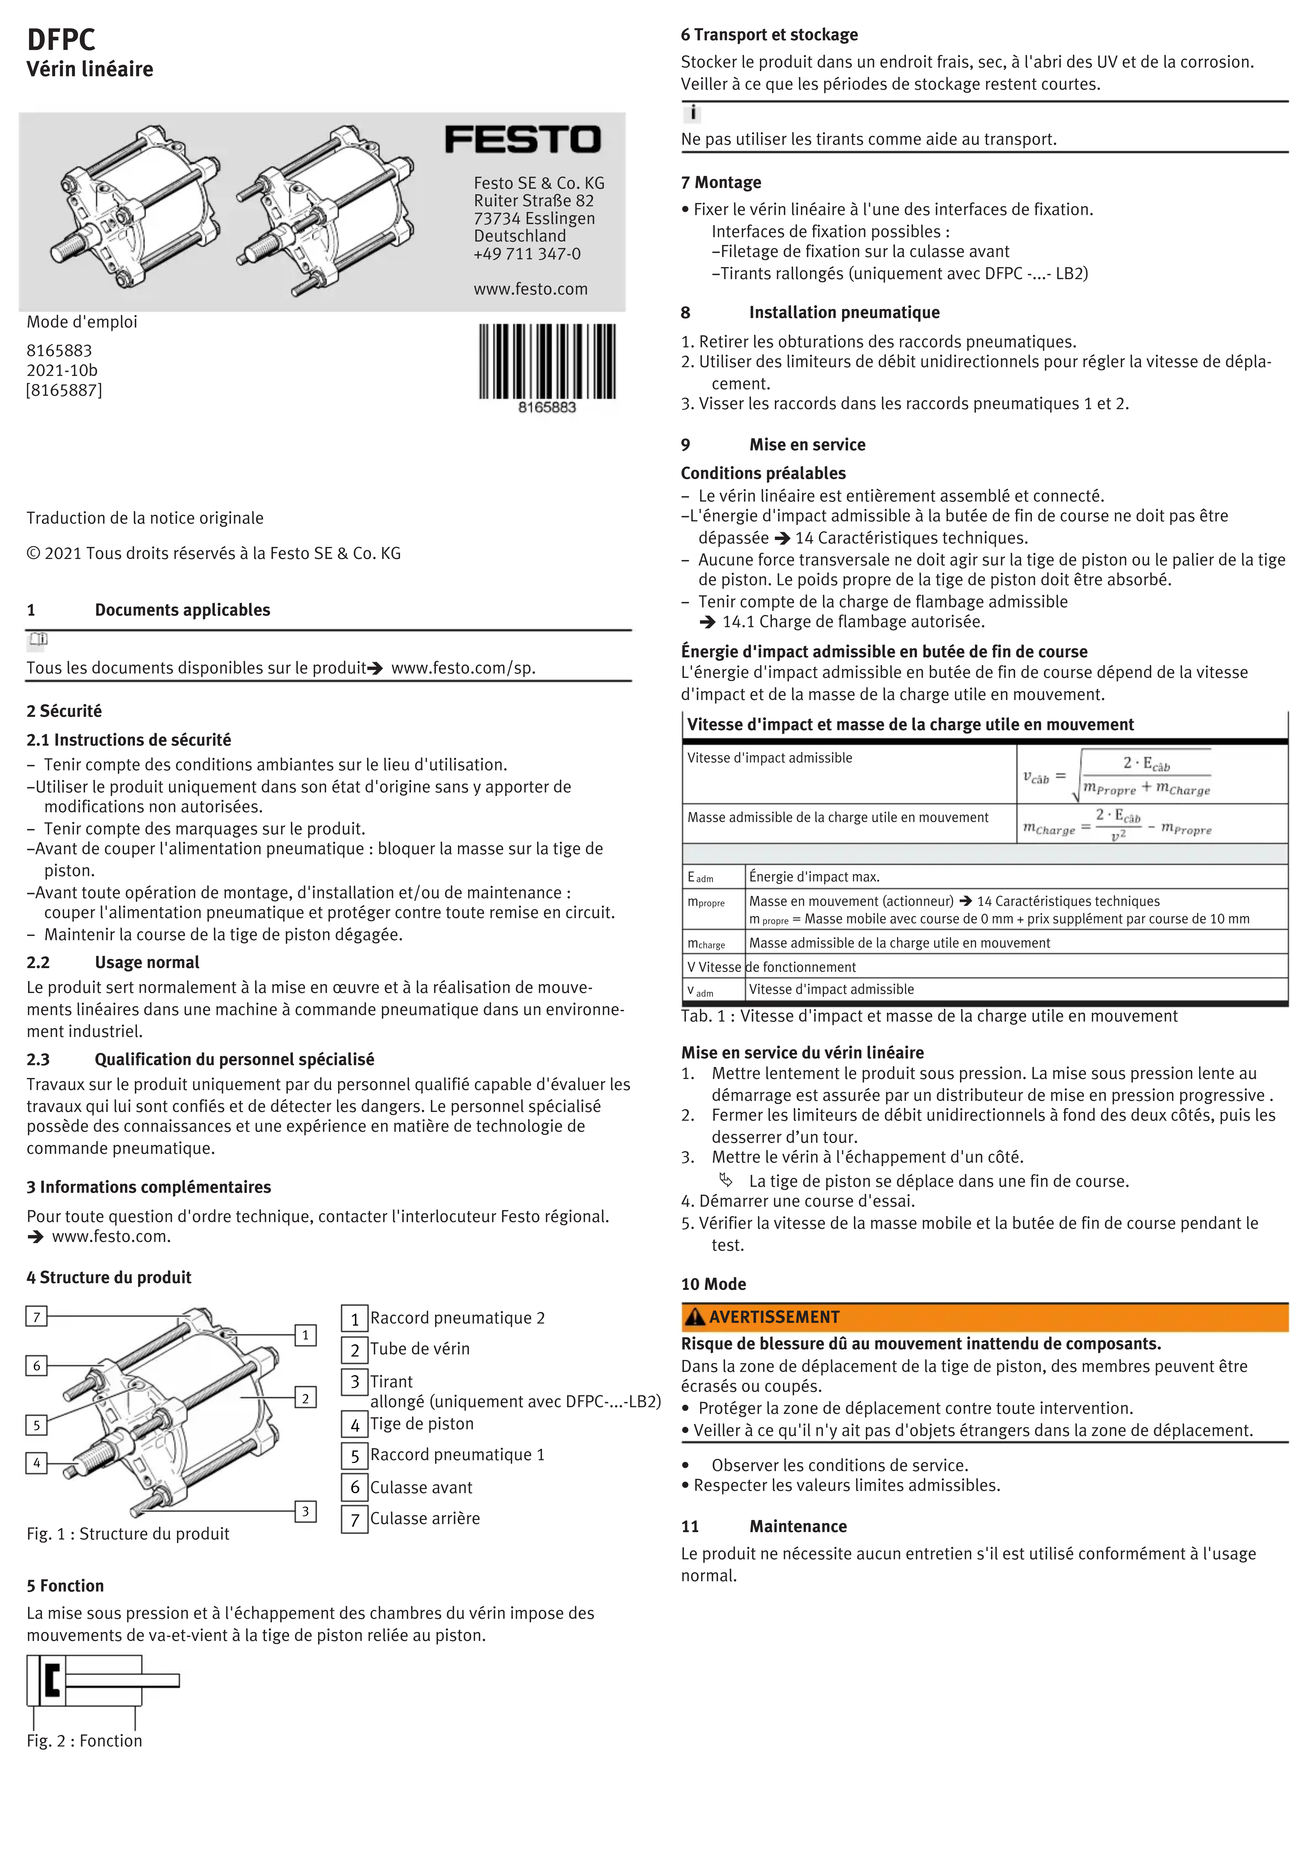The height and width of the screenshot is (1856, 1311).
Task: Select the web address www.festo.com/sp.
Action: (463, 668)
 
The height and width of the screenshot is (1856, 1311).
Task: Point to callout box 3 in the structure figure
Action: (306, 1511)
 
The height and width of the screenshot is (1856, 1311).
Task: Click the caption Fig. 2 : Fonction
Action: (84, 1741)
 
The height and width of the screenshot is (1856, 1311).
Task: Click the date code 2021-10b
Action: (62, 370)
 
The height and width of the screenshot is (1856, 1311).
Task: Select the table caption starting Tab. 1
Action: (929, 1016)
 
